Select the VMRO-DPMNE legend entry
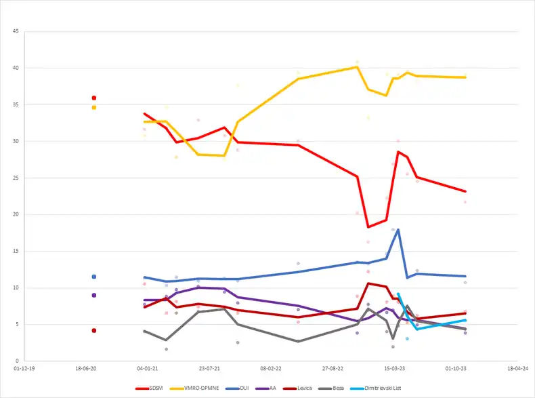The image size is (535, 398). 191,389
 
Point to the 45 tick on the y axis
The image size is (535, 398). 16,32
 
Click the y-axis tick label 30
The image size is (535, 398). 16,142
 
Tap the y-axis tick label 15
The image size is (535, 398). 16,252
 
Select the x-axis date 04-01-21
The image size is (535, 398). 148,369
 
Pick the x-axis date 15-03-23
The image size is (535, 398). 394,369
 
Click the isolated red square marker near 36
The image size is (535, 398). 94,98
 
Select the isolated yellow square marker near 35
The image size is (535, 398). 94,107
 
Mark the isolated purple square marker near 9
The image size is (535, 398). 94,295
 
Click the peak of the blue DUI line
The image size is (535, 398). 398,229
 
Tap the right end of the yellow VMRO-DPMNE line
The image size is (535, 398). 465,77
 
